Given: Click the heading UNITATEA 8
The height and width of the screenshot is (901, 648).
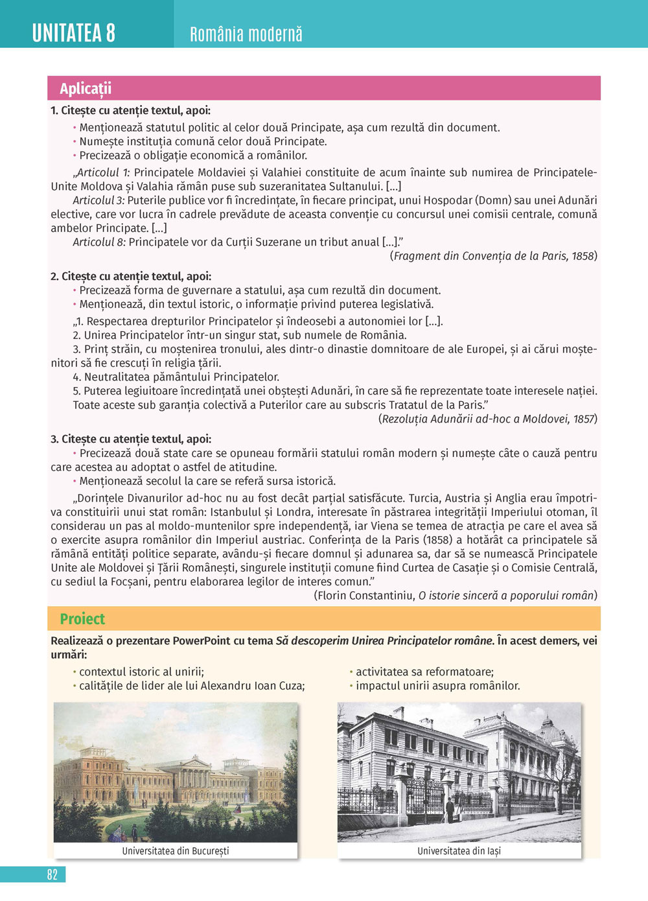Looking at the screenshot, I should [74, 32].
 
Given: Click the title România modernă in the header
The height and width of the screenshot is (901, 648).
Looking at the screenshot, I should [246, 34].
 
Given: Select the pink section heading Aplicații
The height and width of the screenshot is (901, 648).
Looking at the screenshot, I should [86, 89].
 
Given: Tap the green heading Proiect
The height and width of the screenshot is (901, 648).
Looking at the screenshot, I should [82, 619].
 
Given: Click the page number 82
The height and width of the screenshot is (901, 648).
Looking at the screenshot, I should [52, 874].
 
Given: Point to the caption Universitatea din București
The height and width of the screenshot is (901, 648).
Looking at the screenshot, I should [175, 851].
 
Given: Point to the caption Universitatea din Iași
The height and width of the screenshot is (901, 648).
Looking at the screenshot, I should [459, 851].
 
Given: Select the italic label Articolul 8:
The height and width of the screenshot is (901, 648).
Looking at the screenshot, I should [98, 242].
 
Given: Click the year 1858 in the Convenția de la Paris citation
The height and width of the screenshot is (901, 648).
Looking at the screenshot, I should [583, 256].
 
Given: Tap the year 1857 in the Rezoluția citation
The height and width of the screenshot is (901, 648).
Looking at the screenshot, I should [583, 419].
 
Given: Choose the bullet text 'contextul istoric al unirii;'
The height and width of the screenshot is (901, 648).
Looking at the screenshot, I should [141, 672].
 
